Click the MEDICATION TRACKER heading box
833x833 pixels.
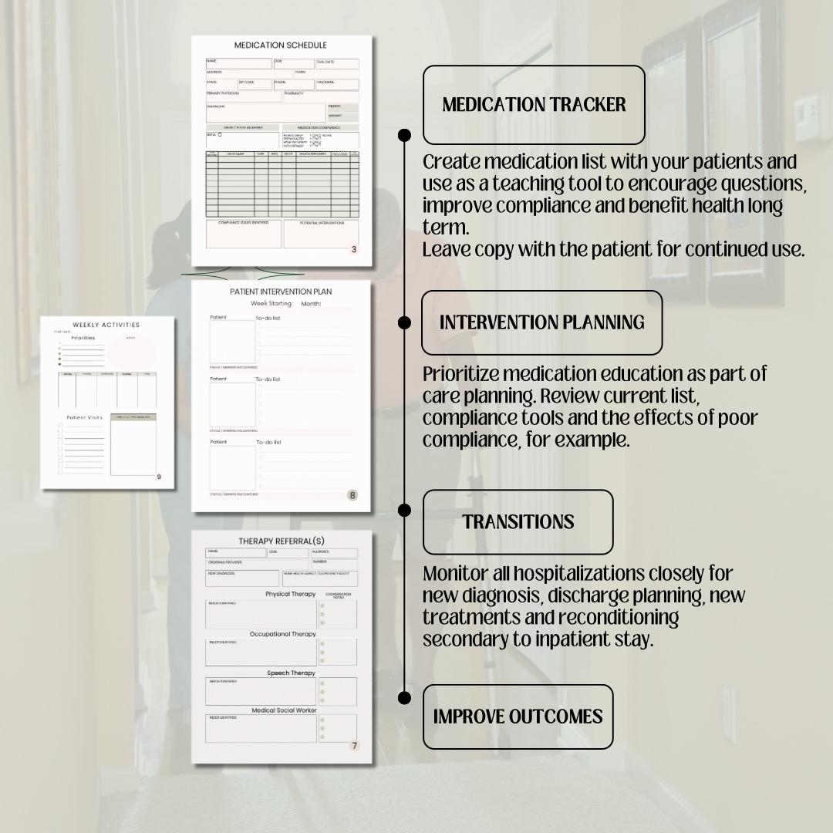click(x=534, y=105)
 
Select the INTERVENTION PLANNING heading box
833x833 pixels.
click(x=541, y=322)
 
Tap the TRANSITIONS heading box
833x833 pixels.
click(x=518, y=522)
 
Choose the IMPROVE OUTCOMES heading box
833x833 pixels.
click(x=518, y=717)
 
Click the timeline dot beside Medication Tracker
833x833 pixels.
click(x=404, y=136)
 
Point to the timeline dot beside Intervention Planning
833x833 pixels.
click(x=404, y=322)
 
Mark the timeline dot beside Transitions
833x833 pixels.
click(x=404, y=510)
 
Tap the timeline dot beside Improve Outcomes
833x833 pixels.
click(x=404, y=697)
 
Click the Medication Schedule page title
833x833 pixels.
click(x=281, y=46)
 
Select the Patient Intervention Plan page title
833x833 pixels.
click(x=281, y=292)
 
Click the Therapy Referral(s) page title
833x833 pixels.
click(x=282, y=541)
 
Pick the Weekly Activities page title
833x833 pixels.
click(x=106, y=325)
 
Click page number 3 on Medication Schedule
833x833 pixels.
click(x=353, y=249)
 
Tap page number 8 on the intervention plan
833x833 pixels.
click(x=352, y=495)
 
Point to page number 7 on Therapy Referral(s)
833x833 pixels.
click(x=354, y=745)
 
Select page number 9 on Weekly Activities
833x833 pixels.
click(x=159, y=477)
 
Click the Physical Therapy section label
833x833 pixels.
click(x=291, y=594)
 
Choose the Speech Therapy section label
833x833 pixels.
click(x=292, y=673)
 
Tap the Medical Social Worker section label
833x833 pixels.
click(x=285, y=710)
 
